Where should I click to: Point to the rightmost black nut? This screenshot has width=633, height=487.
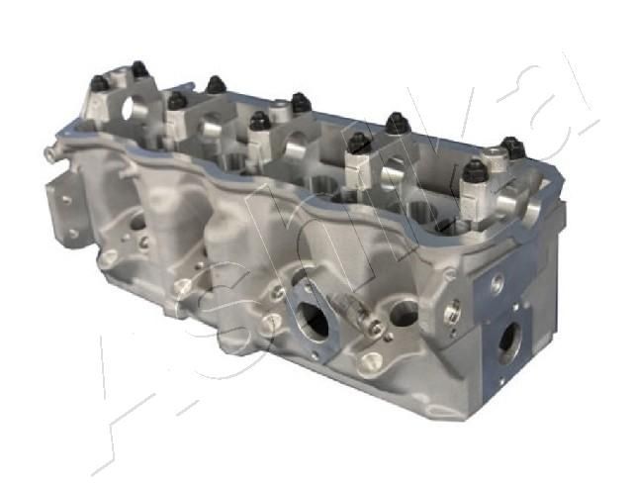pos(511,146)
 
